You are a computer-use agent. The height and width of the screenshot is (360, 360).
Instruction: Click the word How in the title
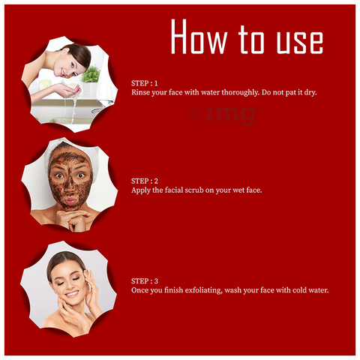click(x=199, y=37)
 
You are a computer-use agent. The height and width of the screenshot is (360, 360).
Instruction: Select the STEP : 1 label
click(x=145, y=83)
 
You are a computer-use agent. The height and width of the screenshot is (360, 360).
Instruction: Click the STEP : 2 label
click(x=145, y=181)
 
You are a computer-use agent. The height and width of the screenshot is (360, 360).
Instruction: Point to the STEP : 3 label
click(x=145, y=281)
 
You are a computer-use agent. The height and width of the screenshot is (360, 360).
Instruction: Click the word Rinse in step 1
click(x=140, y=92)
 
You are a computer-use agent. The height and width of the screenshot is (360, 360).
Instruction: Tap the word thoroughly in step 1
click(x=241, y=93)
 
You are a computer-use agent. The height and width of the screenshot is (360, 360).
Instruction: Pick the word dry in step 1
click(x=310, y=93)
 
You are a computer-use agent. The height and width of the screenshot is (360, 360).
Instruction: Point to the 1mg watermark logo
click(x=222, y=115)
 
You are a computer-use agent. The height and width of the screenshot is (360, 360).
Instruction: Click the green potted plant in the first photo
click(x=91, y=74)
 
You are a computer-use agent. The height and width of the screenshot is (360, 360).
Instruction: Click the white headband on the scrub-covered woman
click(x=73, y=150)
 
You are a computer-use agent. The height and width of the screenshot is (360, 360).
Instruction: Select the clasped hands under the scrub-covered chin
click(x=73, y=219)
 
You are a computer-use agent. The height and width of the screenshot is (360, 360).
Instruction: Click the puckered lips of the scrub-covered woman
click(x=70, y=201)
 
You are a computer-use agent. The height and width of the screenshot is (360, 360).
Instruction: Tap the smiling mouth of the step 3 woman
click(x=72, y=294)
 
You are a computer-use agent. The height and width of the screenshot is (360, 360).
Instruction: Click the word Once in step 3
click(x=140, y=290)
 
